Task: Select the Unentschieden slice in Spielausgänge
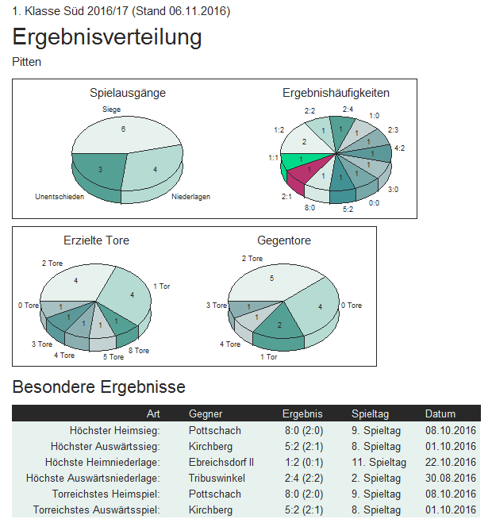click(100, 167)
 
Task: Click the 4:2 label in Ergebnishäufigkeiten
click(399, 148)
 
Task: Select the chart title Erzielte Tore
click(96, 240)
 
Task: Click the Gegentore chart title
click(284, 240)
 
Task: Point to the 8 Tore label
click(138, 350)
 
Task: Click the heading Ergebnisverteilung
click(107, 37)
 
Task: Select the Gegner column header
click(206, 413)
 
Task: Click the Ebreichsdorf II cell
click(221, 462)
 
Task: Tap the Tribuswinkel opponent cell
click(217, 478)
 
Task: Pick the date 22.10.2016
click(450, 462)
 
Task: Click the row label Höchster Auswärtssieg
click(105, 446)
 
